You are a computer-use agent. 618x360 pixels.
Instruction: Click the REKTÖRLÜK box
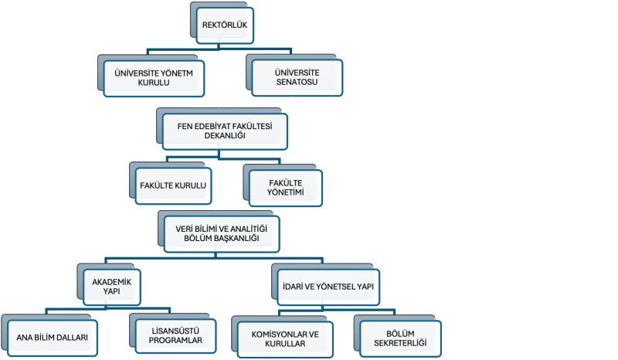225,25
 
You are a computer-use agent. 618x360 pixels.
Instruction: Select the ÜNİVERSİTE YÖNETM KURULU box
154,78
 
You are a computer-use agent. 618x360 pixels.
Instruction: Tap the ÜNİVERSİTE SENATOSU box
297,78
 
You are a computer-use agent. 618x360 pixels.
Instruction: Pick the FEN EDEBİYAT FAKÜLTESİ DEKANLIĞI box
225,131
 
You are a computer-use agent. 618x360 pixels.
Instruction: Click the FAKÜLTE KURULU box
173,185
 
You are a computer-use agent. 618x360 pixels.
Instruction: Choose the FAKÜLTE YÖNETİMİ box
285,188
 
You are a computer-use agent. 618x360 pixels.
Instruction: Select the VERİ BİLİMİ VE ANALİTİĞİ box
222,234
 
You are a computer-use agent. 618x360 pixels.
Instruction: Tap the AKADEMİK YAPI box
111,287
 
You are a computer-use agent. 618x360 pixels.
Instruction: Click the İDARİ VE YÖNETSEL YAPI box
328,287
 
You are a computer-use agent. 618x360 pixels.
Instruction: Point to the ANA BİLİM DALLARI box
52,338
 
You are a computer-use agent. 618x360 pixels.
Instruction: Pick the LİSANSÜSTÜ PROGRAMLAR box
175,336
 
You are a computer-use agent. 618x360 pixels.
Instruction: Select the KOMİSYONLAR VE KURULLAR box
285,339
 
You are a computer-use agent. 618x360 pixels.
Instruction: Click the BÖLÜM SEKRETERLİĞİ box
400,338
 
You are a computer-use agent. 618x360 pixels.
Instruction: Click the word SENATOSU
297,82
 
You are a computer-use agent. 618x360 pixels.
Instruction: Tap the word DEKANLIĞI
225,136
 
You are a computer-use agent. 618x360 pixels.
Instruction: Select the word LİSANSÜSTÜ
175,331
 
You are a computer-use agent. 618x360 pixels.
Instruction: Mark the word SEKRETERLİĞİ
400,343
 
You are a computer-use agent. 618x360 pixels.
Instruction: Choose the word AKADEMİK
111,282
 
